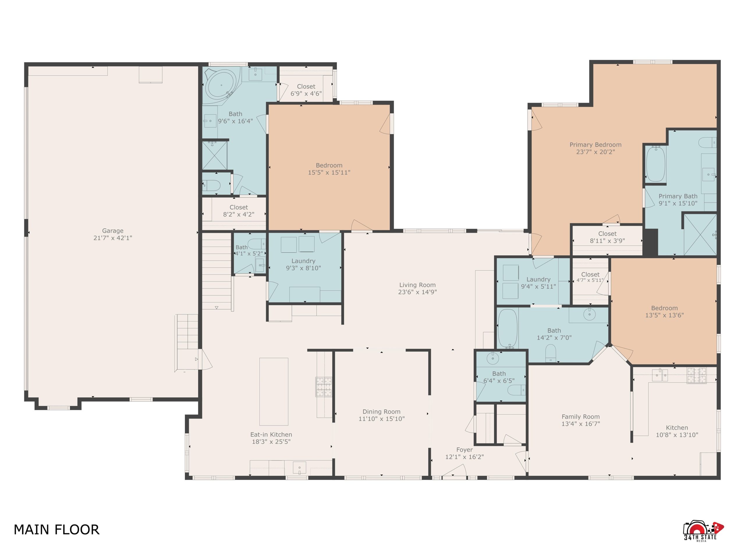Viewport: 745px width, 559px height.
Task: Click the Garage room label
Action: pos(113,231)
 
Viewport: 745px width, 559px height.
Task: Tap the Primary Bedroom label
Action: pos(595,145)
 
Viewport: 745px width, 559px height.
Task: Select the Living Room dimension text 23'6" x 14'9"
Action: pos(417,292)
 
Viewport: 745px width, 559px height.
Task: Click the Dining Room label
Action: pos(381,411)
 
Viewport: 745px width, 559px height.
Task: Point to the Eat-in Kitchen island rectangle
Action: pos(274,391)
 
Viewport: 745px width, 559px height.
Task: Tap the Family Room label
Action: pos(580,416)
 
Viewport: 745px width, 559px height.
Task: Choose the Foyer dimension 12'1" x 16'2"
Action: pos(464,457)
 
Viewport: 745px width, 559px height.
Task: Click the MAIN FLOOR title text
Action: pos(56,530)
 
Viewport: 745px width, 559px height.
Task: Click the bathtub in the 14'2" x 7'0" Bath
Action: pos(508,328)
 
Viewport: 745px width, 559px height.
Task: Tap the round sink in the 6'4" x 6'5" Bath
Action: pos(493,359)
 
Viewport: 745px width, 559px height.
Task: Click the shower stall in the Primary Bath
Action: pos(700,234)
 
